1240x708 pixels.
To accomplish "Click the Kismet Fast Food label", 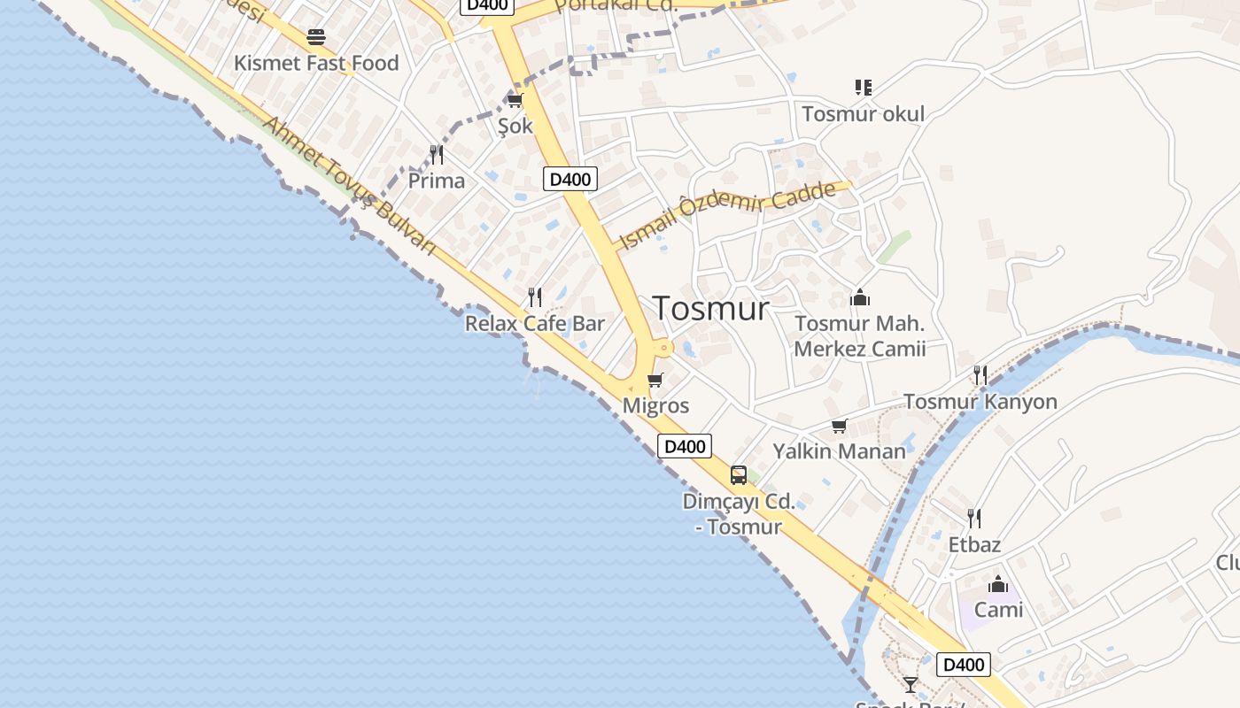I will click(x=316, y=63).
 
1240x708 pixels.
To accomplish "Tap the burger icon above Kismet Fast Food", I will click(x=316, y=37).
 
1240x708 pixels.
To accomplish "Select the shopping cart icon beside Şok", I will click(x=515, y=101).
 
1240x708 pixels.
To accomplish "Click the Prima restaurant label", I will click(x=436, y=181).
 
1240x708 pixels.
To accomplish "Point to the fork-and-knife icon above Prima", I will click(x=437, y=155).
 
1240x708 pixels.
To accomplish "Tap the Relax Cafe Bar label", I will click(x=534, y=323).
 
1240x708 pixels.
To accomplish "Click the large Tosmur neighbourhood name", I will click(x=711, y=308).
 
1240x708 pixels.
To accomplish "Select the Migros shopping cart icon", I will click(x=655, y=381).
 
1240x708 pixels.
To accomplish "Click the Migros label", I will click(x=655, y=405).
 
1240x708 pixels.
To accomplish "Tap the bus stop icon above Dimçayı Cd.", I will click(x=739, y=475).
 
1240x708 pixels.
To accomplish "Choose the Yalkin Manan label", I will click(x=839, y=451).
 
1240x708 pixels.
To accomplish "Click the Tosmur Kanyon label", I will click(x=980, y=402).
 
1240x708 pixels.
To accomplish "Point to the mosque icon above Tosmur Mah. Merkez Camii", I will click(x=859, y=298).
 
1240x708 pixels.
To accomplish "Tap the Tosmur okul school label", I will click(x=863, y=114).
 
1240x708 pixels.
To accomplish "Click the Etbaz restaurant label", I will click(x=974, y=544).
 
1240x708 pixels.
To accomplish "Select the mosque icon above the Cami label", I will click(x=998, y=584).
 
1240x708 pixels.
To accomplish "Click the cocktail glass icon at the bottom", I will click(x=911, y=684).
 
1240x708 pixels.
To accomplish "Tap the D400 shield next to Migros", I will click(x=685, y=446).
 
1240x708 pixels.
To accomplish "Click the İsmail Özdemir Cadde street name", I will click(x=728, y=215).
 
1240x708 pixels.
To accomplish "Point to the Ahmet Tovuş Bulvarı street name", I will click(x=350, y=187).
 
